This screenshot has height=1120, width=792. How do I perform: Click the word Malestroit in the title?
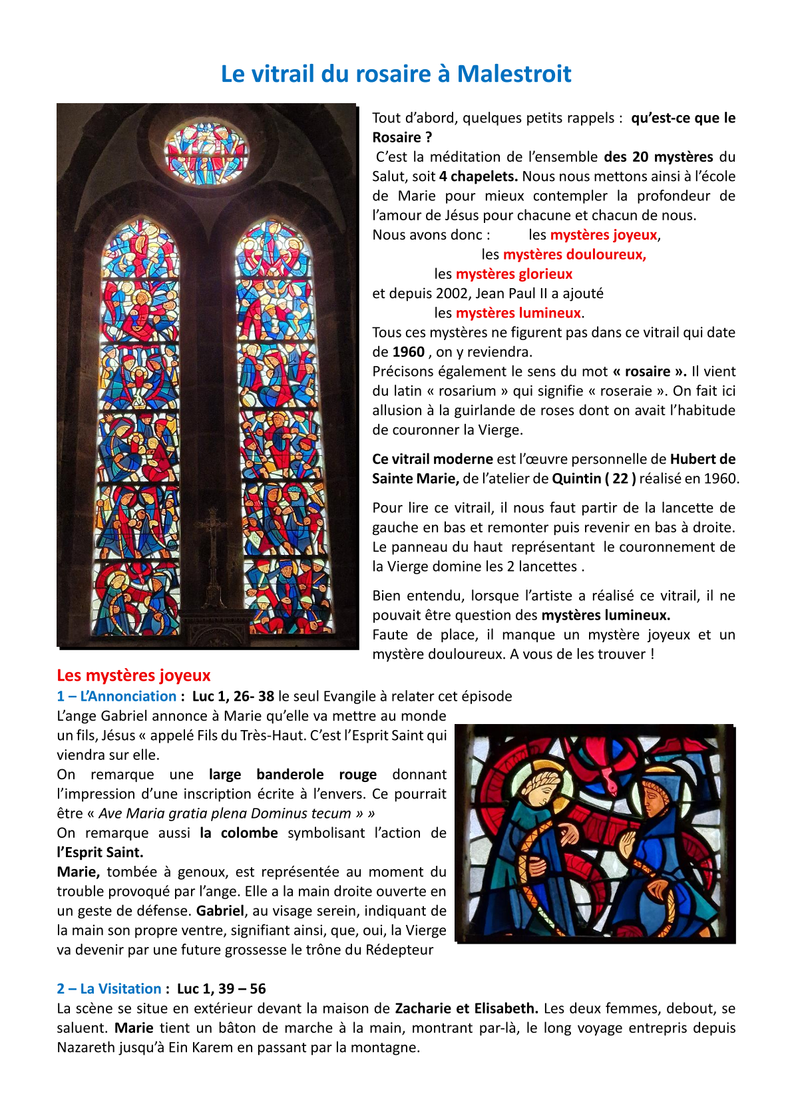pyautogui.click(x=514, y=74)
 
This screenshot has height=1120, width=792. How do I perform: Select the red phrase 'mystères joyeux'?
pyautogui.click(x=604, y=235)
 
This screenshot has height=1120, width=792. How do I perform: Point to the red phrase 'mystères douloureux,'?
pyautogui.click(x=574, y=254)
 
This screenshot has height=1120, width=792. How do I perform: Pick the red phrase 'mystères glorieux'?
pyautogui.click(x=514, y=274)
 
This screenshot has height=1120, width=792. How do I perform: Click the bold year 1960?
pyautogui.click(x=409, y=352)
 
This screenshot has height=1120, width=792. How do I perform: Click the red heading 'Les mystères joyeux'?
pyautogui.click(x=134, y=675)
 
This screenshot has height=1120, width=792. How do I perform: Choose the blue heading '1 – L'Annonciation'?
pyautogui.click(x=116, y=696)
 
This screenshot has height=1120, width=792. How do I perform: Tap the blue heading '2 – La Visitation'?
pyautogui.click(x=109, y=989)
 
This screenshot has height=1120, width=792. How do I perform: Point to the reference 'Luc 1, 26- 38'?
pyautogui.click(x=233, y=696)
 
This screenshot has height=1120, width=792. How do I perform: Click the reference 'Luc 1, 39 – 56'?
pyautogui.click(x=222, y=989)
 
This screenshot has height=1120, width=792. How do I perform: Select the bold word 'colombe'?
pyautogui.click(x=250, y=833)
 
